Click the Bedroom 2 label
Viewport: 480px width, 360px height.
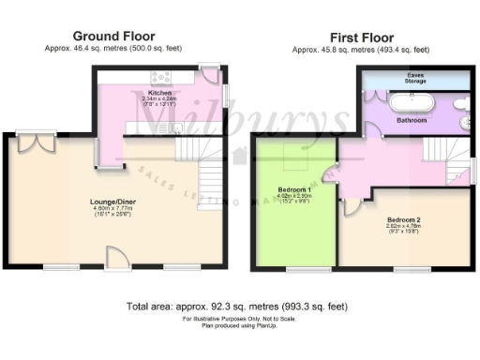click(405, 219)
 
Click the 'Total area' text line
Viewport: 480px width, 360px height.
click(238, 306)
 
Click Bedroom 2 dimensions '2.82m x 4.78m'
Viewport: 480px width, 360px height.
click(405, 226)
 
